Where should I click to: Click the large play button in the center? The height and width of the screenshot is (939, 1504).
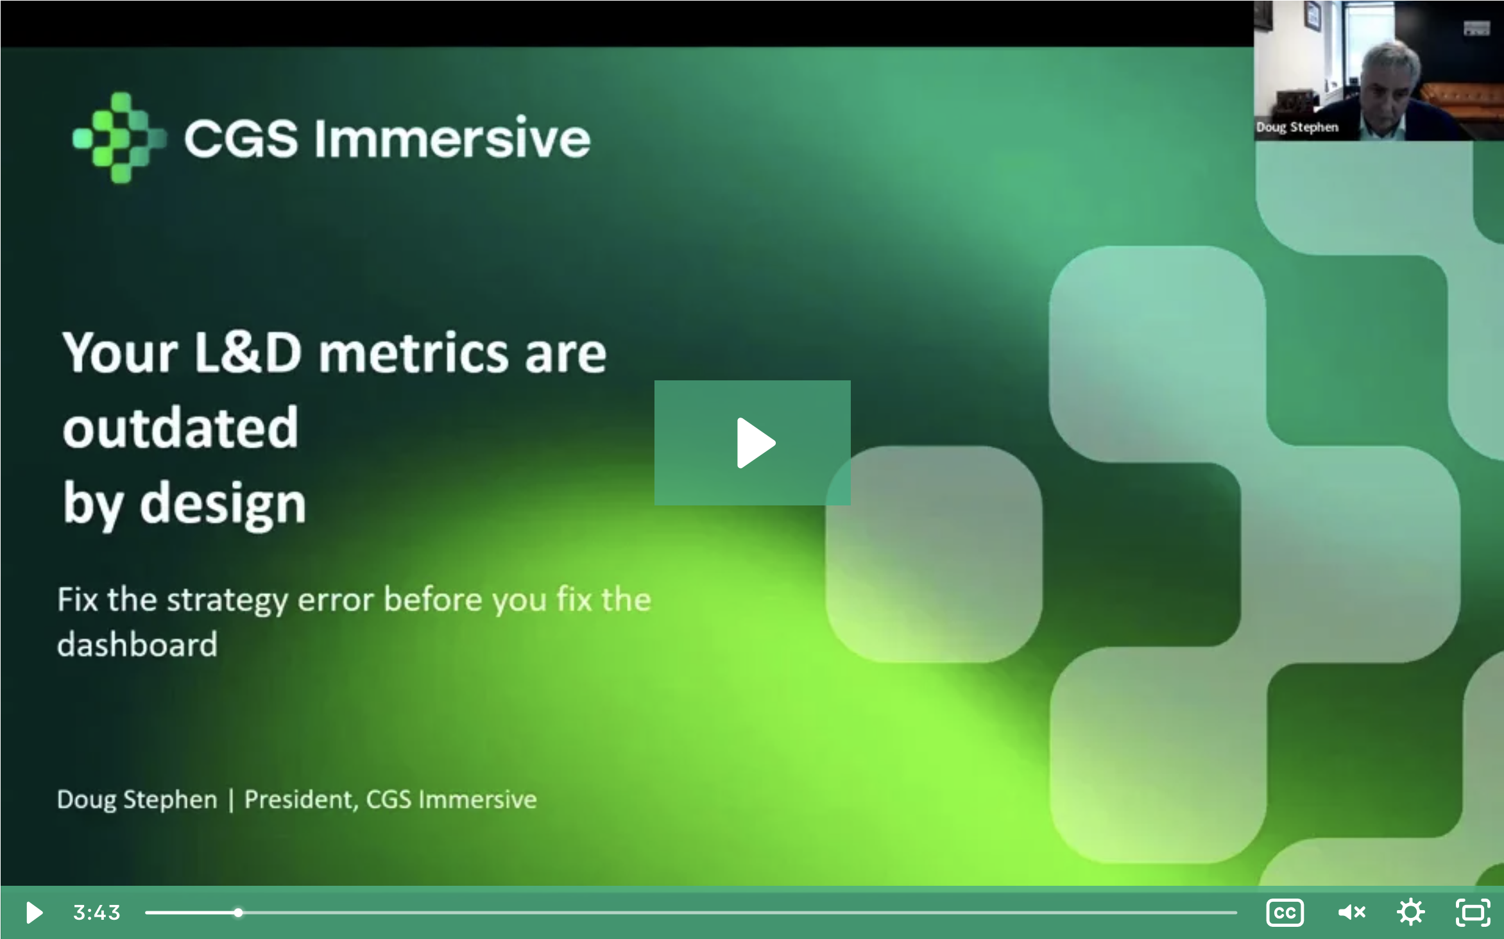(753, 443)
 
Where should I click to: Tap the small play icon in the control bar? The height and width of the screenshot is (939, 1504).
(34, 912)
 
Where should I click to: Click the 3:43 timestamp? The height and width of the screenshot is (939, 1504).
(97, 912)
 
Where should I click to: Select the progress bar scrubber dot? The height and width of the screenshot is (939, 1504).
(238, 912)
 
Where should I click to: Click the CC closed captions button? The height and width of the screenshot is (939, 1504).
(1285, 912)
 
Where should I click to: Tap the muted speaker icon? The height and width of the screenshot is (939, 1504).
(1351, 912)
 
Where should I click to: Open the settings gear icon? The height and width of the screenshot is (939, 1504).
(1410, 912)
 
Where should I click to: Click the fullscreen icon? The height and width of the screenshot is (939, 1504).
(1473, 912)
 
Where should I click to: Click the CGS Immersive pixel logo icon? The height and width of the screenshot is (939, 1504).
(119, 138)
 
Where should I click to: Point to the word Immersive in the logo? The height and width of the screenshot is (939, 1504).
(452, 138)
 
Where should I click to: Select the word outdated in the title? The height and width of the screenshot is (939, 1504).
(180, 427)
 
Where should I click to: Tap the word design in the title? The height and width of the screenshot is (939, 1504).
(223, 503)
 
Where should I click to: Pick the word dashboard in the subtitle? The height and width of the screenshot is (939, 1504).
(137, 645)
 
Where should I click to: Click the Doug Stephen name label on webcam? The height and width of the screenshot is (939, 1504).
(1297, 127)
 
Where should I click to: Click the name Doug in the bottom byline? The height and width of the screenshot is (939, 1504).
(87, 800)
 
